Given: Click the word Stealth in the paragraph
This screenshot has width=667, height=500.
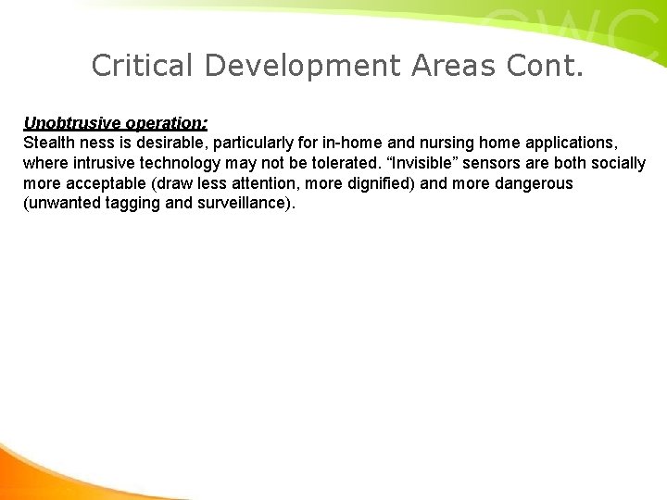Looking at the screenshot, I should click(47, 144).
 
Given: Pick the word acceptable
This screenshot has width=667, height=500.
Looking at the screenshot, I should click(101, 183).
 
